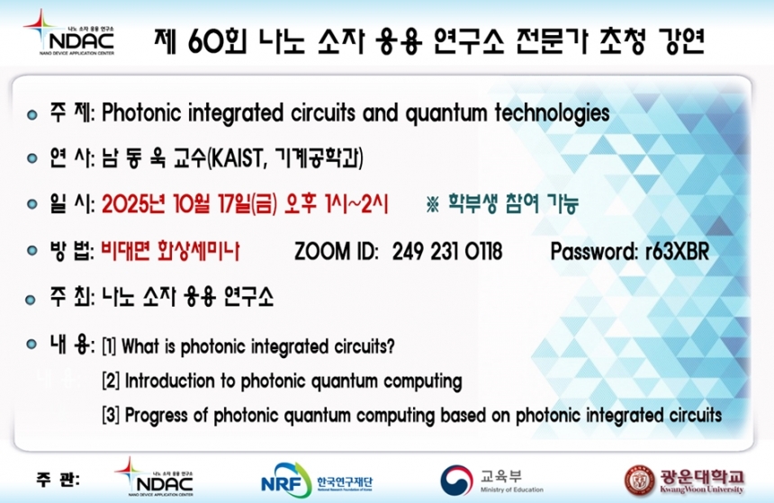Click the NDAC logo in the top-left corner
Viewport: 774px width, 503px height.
click(69, 33)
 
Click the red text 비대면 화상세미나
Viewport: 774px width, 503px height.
click(170, 251)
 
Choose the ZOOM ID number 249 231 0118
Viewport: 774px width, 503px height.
click(447, 251)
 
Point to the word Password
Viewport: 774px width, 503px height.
click(593, 252)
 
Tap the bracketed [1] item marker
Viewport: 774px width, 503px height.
click(109, 346)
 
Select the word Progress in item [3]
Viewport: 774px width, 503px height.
click(156, 416)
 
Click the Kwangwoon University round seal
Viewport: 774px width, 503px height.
click(640, 481)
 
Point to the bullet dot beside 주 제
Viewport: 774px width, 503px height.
click(32, 115)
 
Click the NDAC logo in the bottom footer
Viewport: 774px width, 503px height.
click(154, 477)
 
